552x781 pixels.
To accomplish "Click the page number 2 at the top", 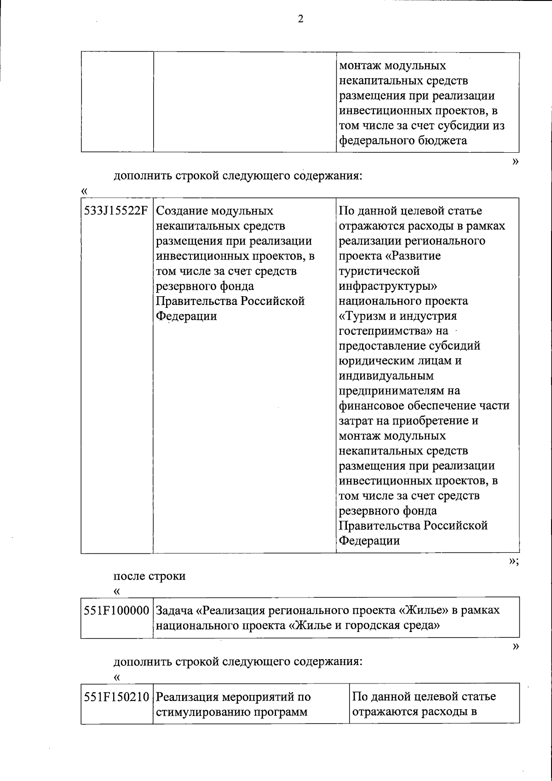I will pyautogui.click(x=301, y=19).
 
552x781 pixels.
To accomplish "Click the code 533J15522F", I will pyautogui.click(x=116, y=211).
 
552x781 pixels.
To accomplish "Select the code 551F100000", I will pyautogui.click(x=116, y=610).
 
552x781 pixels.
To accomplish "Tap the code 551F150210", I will pyautogui.click(x=116, y=697).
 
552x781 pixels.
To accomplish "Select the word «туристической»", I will pyautogui.click(x=379, y=271).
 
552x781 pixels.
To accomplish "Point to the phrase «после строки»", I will pyautogui.click(x=149, y=576).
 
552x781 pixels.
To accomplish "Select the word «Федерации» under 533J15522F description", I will pyautogui.click(x=187, y=316).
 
